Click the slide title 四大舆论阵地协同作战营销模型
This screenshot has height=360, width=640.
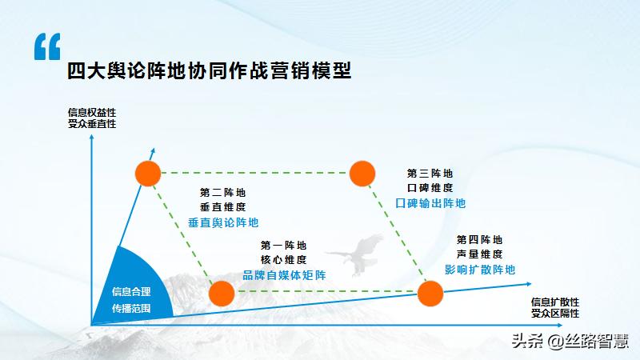click(x=210, y=70)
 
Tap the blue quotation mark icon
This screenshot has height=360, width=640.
click(x=47, y=47)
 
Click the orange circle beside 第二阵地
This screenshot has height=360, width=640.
click(x=148, y=173)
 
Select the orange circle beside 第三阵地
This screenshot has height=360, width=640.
click(x=362, y=173)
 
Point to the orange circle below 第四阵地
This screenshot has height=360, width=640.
click(x=430, y=294)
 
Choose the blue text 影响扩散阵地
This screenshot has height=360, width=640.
click(x=480, y=269)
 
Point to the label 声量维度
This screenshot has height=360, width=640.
click(x=480, y=254)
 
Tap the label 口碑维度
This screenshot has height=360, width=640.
click(x=430, y=187)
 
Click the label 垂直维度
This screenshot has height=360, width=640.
click(x=223, y=206)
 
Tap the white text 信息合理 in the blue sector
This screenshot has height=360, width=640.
click(x=130, y=291)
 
